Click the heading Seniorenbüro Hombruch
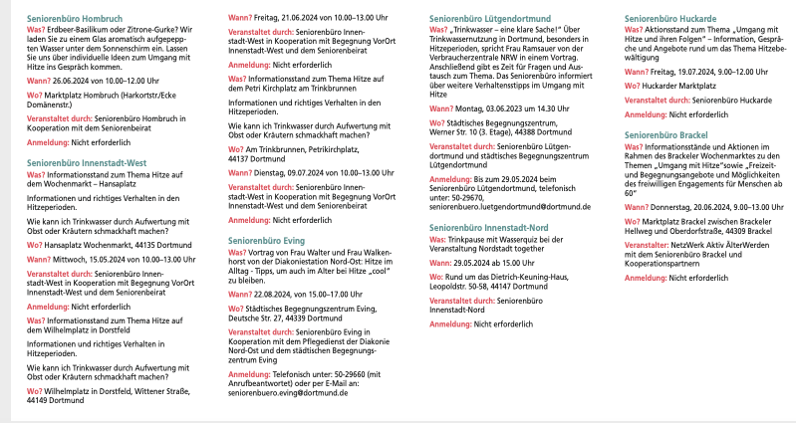(x=81, y=19)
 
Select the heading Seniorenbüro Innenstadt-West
(x=88, y=161)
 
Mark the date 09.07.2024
(x=306, y=171)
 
